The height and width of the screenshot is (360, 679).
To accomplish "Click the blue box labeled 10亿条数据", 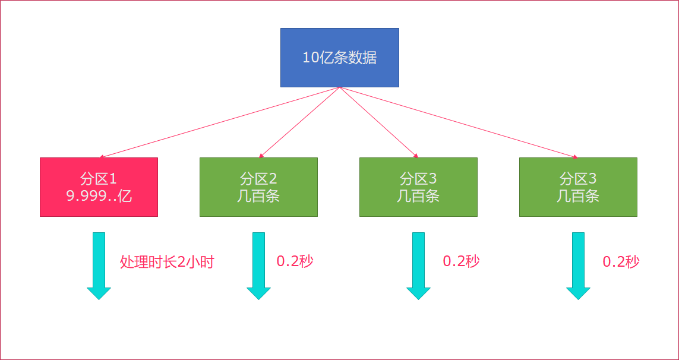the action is click(340, 58).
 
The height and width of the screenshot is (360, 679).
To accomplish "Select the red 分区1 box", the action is click(99, 187).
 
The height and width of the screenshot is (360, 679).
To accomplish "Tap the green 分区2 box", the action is click(258, 187).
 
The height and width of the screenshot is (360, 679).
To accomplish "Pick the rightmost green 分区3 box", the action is click(578, 187).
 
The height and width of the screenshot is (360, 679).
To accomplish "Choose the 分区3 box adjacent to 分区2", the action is click(418, 187).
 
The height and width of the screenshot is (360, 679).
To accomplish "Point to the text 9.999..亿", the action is click(99, 196).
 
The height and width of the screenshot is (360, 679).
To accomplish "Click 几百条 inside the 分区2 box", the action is click(258, 196).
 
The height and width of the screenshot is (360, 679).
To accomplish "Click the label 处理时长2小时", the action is click(167, 262).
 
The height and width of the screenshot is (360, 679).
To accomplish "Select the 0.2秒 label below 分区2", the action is click(295, 261).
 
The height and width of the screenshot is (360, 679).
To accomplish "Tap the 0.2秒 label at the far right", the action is click(621, 261).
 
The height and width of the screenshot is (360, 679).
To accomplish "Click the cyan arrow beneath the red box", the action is click(99, 266).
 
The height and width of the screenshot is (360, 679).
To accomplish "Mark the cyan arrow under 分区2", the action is click(258, 266).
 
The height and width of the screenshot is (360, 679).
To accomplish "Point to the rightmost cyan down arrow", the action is click(578, 266).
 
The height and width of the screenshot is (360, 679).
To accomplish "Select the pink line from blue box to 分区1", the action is click(219, 122).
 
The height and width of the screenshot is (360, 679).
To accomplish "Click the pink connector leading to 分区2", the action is click(299, 122).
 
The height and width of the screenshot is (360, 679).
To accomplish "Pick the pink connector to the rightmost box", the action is click(459, 122).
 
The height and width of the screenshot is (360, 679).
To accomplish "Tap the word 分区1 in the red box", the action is click(99, 178).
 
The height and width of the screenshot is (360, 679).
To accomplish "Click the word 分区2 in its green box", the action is click(258, 178).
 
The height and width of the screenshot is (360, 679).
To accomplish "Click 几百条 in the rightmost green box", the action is click(578, 196).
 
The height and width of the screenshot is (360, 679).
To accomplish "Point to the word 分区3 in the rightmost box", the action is click(578, 178).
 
